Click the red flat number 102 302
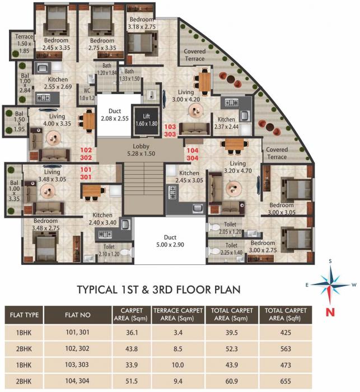coord(86,154)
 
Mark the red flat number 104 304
coord(192,155)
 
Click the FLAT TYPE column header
coord(24,315)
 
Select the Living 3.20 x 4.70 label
coord(238,167)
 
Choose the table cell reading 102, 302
coord(78,347)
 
